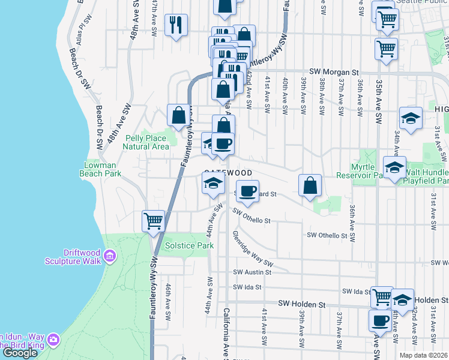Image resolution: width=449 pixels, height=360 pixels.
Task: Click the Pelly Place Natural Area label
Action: tap(147, 142)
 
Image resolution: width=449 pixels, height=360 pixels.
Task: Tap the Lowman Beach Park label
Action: tap(100, 169)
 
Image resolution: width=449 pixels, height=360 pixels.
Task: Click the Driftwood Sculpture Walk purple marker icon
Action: tap(109, 257)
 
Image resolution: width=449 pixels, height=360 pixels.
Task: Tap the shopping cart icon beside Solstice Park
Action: tap(154, 220)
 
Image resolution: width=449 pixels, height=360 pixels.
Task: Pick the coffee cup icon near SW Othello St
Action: tap(246, 191)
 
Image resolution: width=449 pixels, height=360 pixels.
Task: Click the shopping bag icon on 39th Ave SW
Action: tap(310, 185)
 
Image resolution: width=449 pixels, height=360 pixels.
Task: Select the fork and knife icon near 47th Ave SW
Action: tap(175, 24)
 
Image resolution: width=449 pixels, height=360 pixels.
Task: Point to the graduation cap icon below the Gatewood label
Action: tap(212, 184)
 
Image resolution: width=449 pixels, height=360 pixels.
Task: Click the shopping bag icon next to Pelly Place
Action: tap(179, 115)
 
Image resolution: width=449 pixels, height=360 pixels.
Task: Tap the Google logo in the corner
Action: tap(19, 353)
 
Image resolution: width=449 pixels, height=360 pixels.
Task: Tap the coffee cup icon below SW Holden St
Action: tap(381, 321)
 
